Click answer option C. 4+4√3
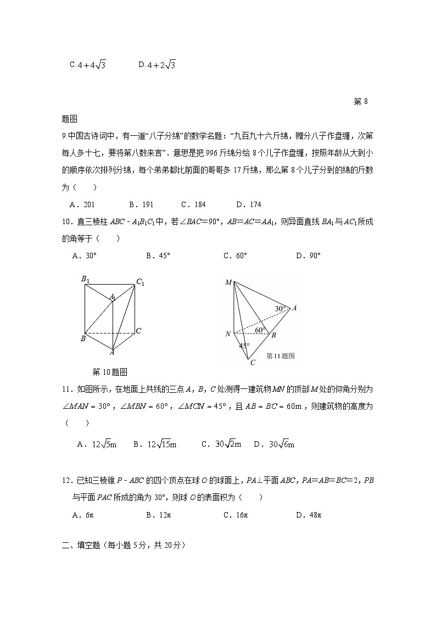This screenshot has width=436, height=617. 87,65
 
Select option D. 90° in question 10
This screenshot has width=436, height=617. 308,255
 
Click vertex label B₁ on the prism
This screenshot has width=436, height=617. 85,279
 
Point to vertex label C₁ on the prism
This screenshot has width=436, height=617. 140,282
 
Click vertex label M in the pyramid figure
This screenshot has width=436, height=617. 228,282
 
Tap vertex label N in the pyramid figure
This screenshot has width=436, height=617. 228,333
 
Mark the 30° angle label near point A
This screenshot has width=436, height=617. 280,309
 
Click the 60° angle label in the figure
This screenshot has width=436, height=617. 260,330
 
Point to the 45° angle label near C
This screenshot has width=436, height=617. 244,346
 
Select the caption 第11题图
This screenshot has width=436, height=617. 280,355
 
